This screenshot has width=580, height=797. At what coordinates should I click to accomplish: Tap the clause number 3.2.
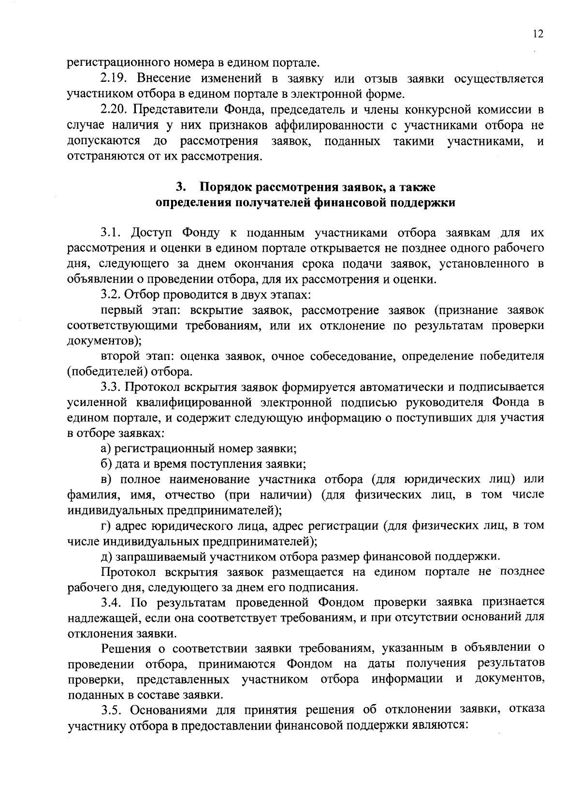(x=112, y=294)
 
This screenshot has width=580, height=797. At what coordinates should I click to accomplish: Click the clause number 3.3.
(x=112, y=387)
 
